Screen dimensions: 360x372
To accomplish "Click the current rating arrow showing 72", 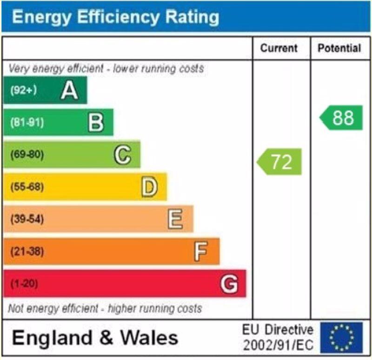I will pyautogui.click(x=279, y=162).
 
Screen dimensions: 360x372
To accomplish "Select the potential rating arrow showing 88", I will pyautogui.click(x=341, y=118).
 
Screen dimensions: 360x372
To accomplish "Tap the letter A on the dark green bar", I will pyautogui.click(x=69, y=90).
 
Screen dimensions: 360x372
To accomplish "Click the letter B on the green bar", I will pyautogui.click(x=96, y=123).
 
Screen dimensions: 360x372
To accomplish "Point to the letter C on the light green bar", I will pyautogui.click(x=123, y=155).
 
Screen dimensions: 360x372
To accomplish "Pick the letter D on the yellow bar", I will pyautogui.click(x=149, y=187).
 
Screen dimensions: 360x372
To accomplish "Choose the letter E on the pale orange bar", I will pyautogui.click(x=175, y=219).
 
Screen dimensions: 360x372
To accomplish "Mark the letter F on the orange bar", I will pyautogui.click(x=200, y=252).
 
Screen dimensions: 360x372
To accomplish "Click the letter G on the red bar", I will pyautogui.click(x=229, y=283).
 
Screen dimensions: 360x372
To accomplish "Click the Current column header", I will pyautogui.click(x=279, y=48).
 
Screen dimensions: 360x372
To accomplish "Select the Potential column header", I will pyautogui.click(x=339, y=48).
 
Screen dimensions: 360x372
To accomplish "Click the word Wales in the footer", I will pyautogui.click(x=148, y=338).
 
